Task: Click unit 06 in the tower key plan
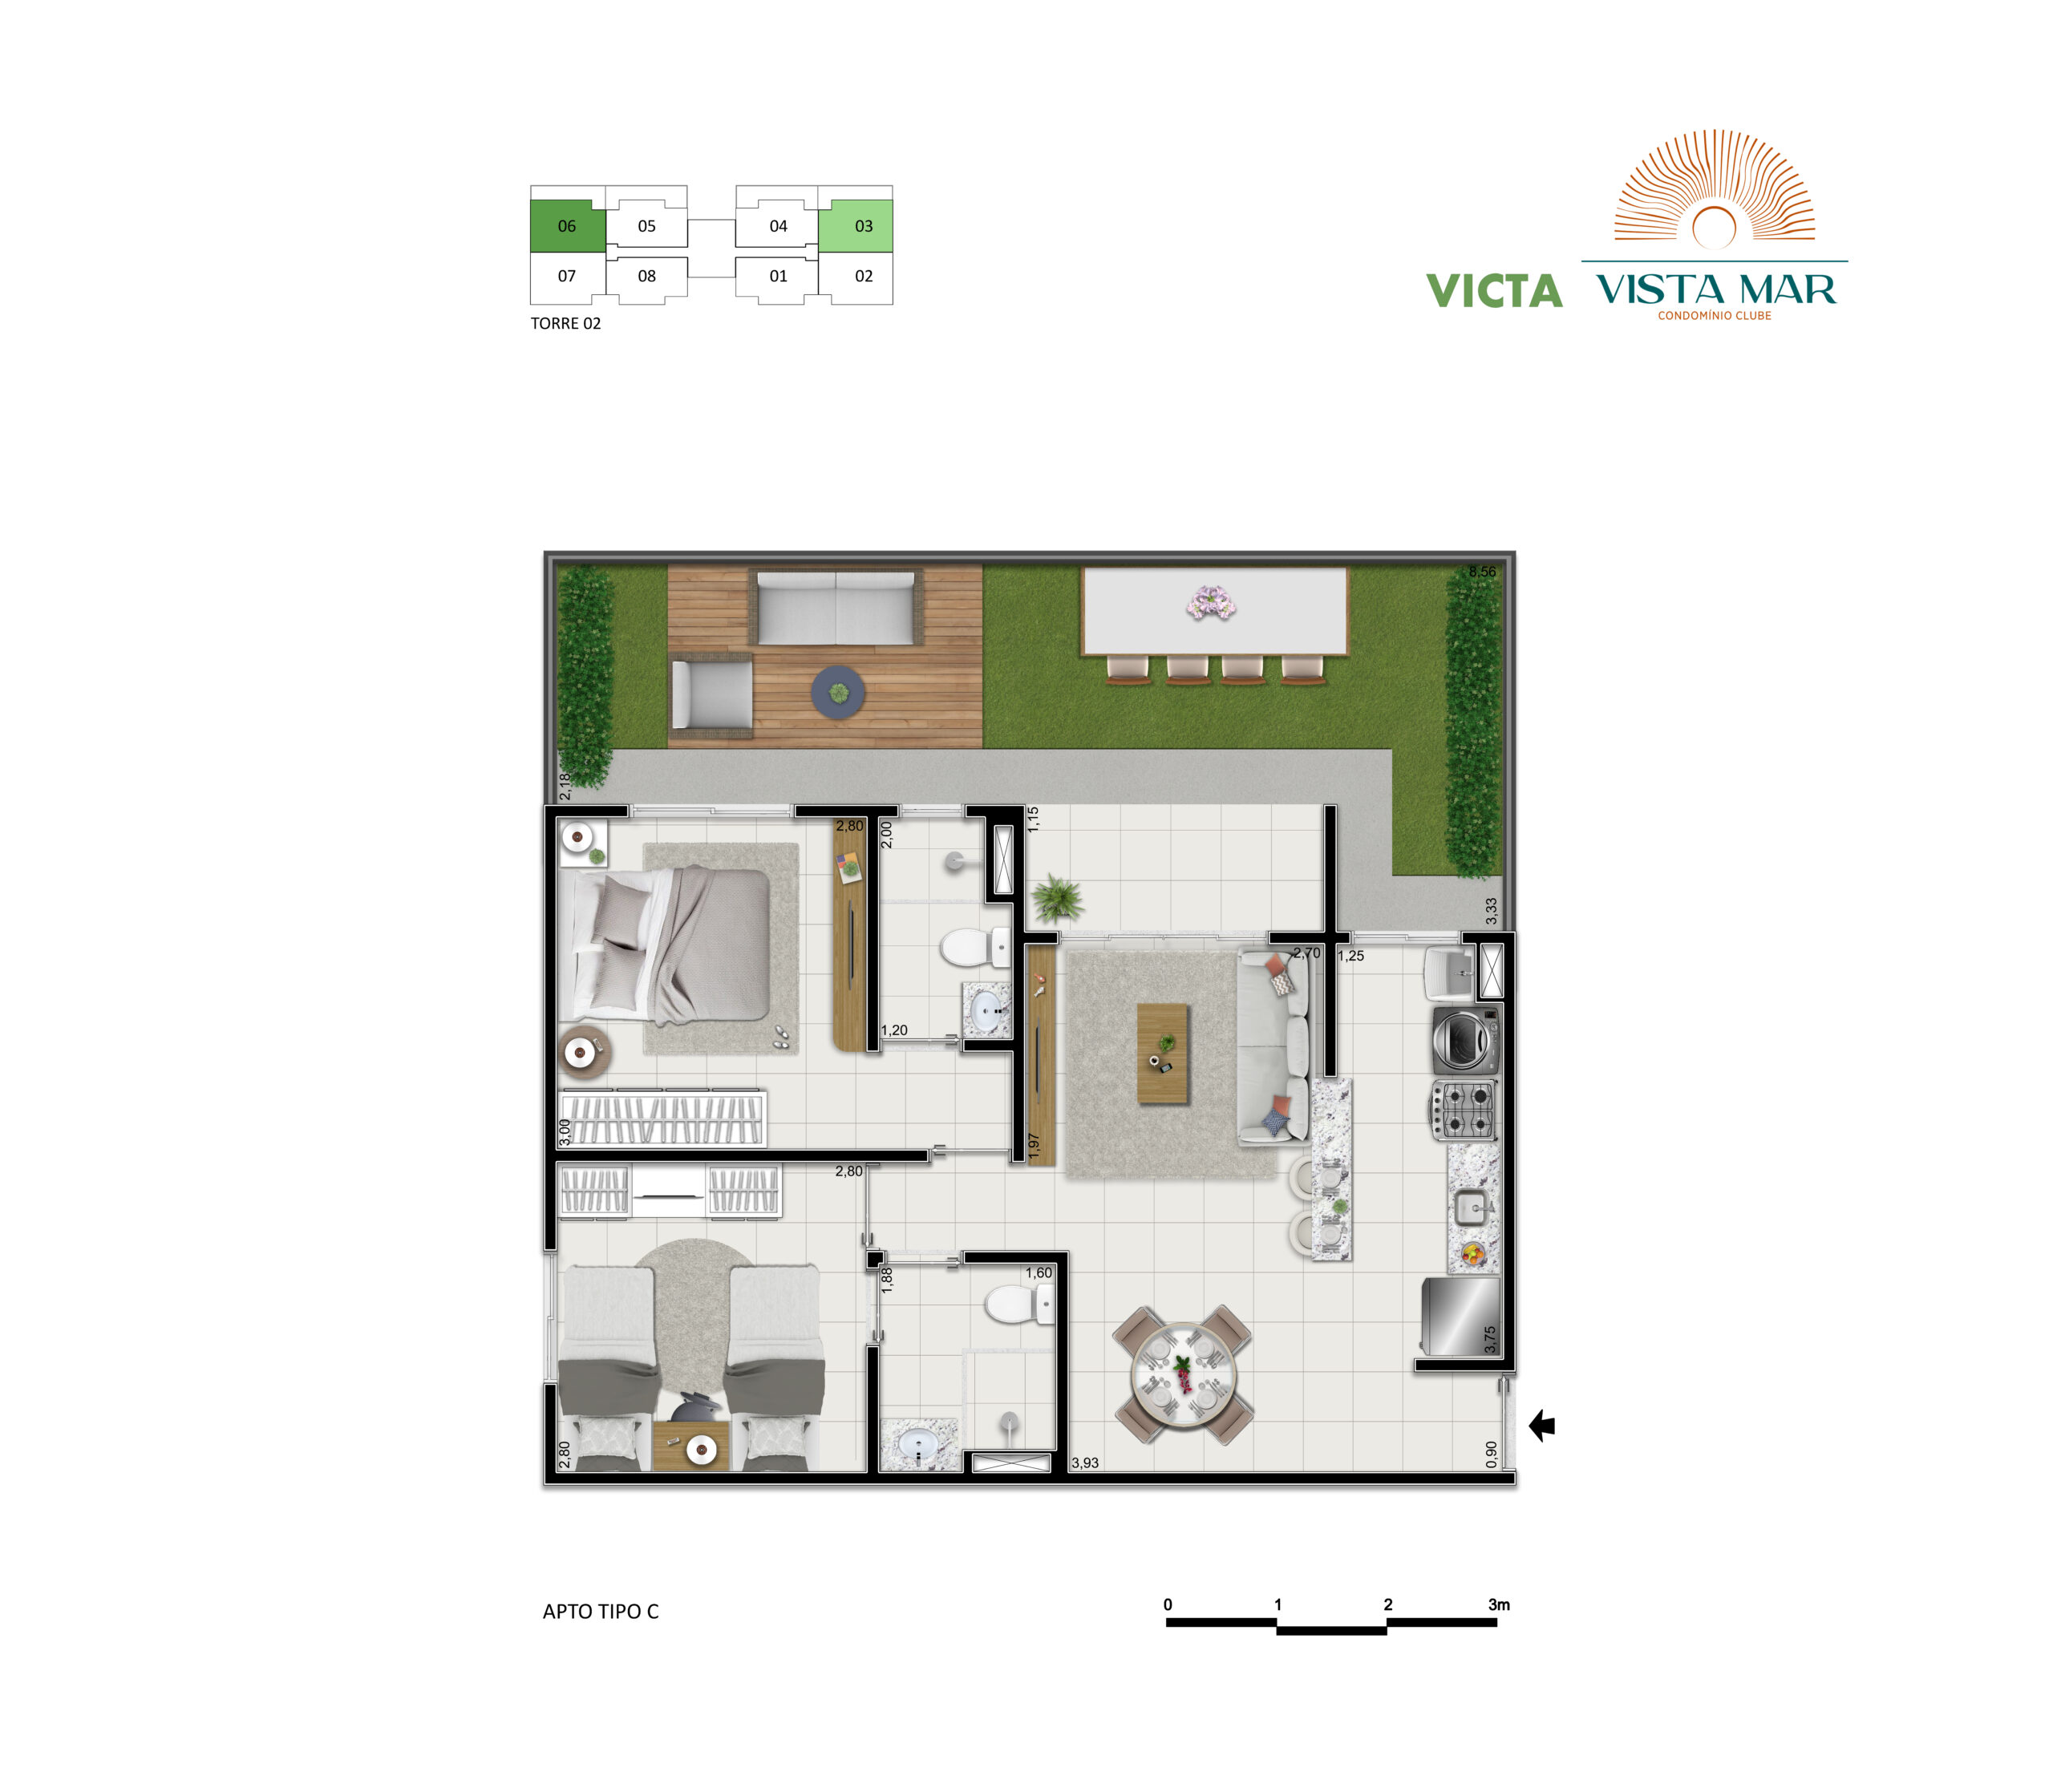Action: tap(567, 226)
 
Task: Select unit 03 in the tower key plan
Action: tap(856, 226)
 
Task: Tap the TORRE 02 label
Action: tap(565, 323)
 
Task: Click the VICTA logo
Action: tap(1494, 290)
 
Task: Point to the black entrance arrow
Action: tap(1541, 1426)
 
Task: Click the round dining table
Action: tap(1183, 1374)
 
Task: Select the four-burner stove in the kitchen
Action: tap(1464, 1110)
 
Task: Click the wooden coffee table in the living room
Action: tap(1163, 1054)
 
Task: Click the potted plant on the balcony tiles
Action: tap(1057, 900)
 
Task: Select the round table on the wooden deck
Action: tap(839, 692)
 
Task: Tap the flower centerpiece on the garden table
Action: tap(1210, 603)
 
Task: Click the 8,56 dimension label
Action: tap(1482, 572)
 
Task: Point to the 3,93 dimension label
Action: tap(1084, 1462)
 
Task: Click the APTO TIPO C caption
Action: tap(601, 1612)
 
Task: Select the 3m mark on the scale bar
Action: tap(1499, 1604)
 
